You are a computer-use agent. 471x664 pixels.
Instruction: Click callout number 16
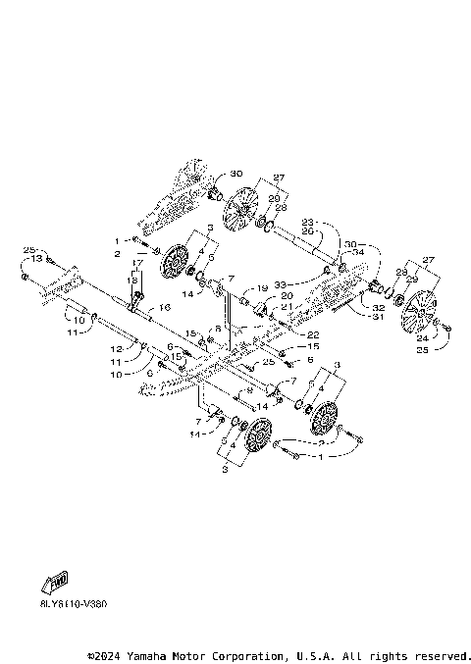(x=164, y=308)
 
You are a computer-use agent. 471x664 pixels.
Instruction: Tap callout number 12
(x=116, y=348)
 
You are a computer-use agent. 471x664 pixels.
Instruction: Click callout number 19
(x=263, y=288)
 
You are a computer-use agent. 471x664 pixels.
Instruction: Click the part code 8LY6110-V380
(x=67, y=604)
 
